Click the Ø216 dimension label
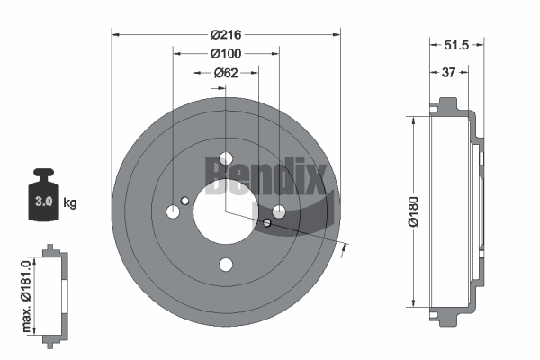pos(226,34)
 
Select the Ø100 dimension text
pos(226,53)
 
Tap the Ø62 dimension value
pos(226,73)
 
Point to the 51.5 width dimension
pos(456,45)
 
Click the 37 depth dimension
pos(448,72)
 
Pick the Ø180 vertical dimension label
pos(413,211)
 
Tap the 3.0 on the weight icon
pos(44,202)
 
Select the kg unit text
pos(70,202)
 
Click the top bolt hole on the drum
pos(226,158)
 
